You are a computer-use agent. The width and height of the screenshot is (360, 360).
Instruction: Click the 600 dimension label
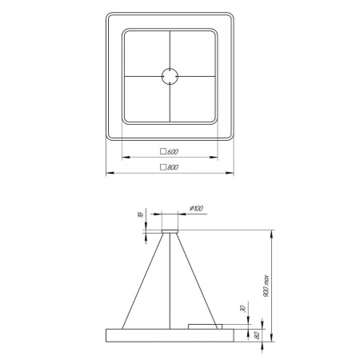pyautogui.click(x=173, y=150)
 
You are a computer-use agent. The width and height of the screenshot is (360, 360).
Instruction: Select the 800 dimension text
pyautogui.click(x=173, y=167)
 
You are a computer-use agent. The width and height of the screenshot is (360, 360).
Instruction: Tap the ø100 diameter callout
pyautogui.click(x=196, y=209)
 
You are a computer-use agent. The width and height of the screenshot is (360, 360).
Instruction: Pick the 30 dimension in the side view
pyautogui.click(x=242, y=308)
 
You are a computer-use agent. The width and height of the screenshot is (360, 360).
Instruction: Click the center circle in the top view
pyautogui.click(x=170, y=76)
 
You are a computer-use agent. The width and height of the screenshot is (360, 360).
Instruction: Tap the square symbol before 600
pyautogui.click(x=163, y=150)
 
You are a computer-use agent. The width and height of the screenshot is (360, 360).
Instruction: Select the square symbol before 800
pyautogui.click(x=163, y=167)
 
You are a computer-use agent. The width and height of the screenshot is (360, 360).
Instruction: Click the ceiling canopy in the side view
pyautogui.click(x=170, y=232)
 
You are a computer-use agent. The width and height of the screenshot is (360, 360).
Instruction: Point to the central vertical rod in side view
pyautogui.click(x=170, y=280)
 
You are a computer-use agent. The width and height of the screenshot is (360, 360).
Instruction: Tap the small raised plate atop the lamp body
pyautogui.click(x=203, y=325)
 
